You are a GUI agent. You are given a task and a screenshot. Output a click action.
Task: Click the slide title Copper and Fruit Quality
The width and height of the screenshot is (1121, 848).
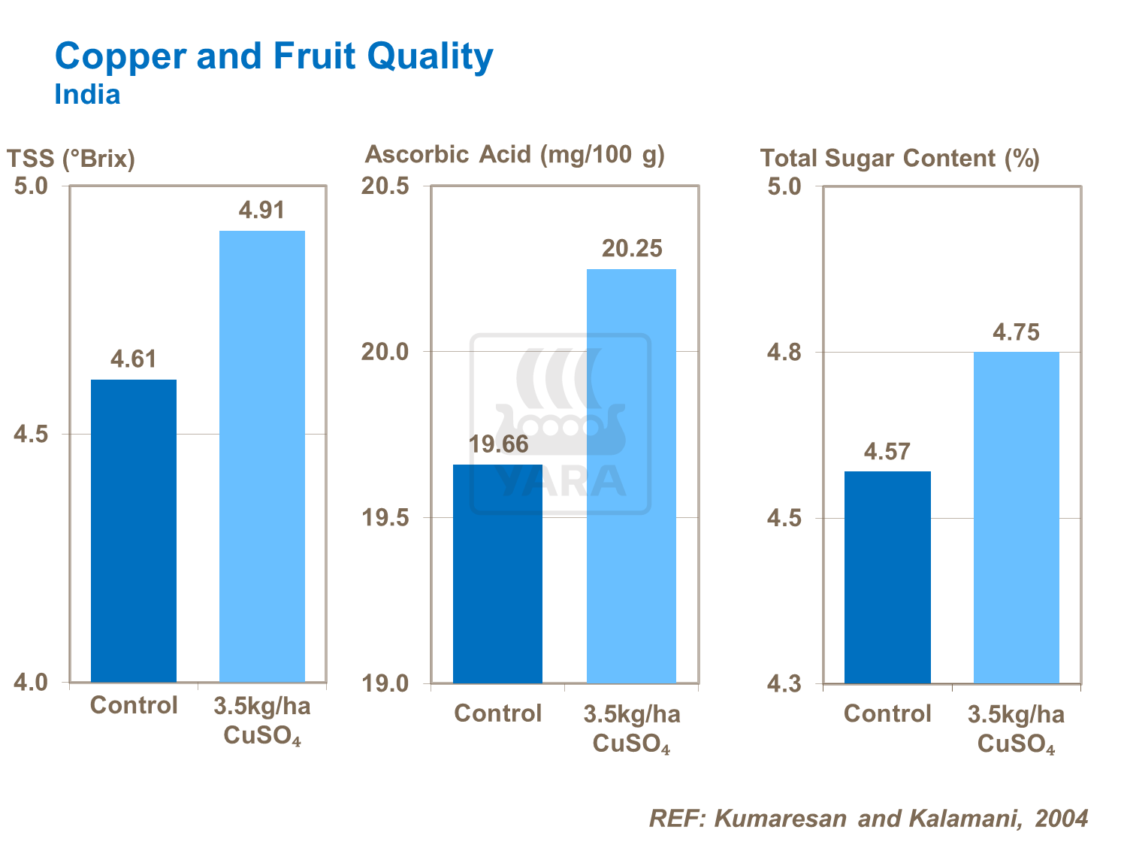(x=274, y=56)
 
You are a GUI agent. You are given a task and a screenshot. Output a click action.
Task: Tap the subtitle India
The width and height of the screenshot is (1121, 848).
(x=87, y=95)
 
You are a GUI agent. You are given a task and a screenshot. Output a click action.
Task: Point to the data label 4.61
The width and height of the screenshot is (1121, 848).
(x=134, y=359)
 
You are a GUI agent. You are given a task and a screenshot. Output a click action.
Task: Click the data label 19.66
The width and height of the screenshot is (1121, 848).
(x=499, y=444)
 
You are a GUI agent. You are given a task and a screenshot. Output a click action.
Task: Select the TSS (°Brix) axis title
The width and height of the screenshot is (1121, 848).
(x=71, y=159)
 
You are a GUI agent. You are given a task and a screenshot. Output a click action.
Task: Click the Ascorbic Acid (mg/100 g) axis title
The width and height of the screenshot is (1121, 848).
(x=515, y=155)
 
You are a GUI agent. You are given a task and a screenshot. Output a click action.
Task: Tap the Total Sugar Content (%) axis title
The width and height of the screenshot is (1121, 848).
(x=899, y=159)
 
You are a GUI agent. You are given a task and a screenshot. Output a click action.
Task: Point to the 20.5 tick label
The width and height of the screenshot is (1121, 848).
(x=385, y=186)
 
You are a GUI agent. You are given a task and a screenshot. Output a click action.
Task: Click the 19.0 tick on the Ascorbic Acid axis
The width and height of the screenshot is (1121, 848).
(x=385, y=683)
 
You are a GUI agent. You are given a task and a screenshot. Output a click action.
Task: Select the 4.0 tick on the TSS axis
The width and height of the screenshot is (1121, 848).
(x=32, y=683)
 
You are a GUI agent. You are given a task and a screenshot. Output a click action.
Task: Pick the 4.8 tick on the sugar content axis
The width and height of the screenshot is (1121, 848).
(x=784, y=352)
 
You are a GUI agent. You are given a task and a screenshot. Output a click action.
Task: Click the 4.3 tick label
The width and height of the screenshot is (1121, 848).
(x=784, y=684)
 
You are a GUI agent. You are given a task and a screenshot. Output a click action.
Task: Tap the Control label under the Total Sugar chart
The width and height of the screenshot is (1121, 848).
(x=887, y=713)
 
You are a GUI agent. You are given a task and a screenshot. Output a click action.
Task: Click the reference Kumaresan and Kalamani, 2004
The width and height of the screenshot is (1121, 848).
(x=869, y=818)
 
